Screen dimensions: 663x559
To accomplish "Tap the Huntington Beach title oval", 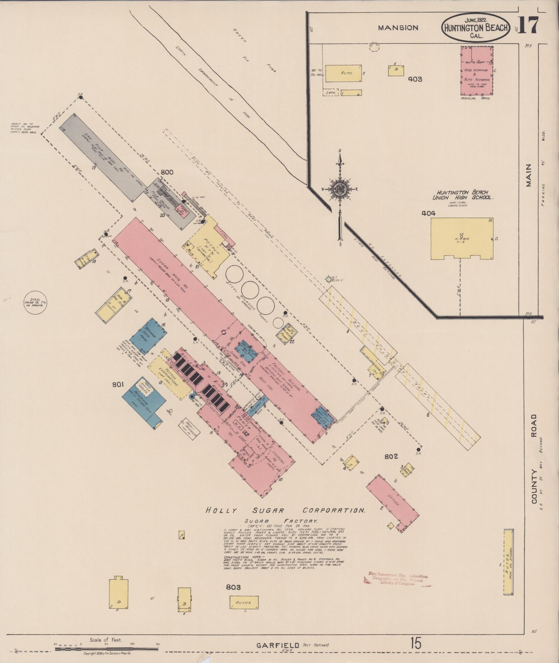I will [476, 28].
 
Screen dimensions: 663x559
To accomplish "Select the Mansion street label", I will [398, 28].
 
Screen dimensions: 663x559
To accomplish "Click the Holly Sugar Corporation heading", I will [285, 511].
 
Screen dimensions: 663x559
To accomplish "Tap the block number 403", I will [415, 79].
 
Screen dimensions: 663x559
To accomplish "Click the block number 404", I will [428, 213].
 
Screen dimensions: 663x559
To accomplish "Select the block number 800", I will [167, 172].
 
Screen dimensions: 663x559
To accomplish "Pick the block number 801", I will [118, 384].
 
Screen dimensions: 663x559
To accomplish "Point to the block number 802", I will [391, 456].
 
